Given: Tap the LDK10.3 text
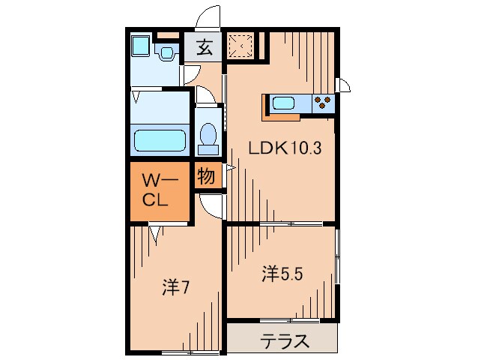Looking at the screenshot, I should pyautogui.click(x=285, y=148).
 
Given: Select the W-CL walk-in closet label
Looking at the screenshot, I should pyautogui.click(x=160, y=190).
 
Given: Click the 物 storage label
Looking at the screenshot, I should pyautogui.click(x=207, y=178).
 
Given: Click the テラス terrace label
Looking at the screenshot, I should pyautogui.click(x=285, y=341).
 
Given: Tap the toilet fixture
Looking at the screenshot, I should pyautogui.click(x=208, y=136).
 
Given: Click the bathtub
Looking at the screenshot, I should pyautogui.click(x=160, y=140).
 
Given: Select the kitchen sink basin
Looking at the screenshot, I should pyautogui.click(x=286, y=103).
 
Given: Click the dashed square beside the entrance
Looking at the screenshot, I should pyautogui.click(x=241, y=46).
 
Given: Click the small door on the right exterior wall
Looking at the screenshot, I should pyautogui.click(x=344, y=85).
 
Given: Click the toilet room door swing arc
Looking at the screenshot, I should pyautogui.click(x=204, y=97).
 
